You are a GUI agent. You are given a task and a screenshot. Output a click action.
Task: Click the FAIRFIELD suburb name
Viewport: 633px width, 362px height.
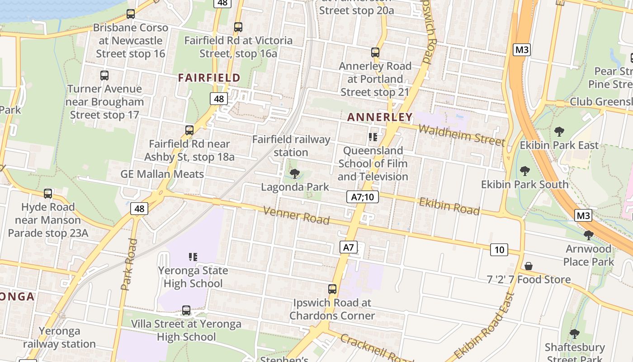(x=209, y=78)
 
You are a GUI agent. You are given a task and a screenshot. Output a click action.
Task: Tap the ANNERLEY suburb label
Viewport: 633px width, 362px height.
(x=380, y=117)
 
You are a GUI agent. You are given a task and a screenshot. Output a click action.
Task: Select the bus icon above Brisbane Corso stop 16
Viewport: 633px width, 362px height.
(x=131, y=14)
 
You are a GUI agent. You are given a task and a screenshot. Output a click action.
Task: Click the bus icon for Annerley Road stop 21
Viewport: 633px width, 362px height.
(x=375, y=52)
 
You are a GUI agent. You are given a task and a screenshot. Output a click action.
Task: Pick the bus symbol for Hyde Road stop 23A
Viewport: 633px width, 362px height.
(x=48, y=194)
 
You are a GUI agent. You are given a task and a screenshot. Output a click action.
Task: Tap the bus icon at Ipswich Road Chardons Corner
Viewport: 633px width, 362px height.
(x=332, y=289)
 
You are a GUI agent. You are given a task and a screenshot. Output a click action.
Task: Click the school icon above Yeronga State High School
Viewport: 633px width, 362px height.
(x=193, y=257)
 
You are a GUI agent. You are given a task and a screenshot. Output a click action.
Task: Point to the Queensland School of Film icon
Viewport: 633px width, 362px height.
(x=373, y=137)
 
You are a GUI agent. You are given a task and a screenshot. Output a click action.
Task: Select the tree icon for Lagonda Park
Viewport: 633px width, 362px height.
(x=295, y=173)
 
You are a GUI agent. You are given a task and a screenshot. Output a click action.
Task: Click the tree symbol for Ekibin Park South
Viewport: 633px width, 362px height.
(x=524, y=171)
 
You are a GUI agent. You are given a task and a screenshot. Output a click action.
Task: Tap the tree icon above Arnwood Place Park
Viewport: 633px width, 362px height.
(x=588, y=235)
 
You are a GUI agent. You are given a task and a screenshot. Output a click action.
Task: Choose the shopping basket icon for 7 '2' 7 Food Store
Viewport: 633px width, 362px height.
(x=528, y=266)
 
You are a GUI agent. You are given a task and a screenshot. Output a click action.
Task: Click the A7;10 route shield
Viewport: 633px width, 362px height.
(x=362, y=197)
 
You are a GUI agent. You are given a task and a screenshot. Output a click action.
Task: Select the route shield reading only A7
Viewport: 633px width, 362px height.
(x=348, y=247)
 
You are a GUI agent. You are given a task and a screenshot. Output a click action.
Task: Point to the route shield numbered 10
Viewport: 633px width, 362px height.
(x=499, y=249)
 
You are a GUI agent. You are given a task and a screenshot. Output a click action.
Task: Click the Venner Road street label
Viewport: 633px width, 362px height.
(x=296, y=215)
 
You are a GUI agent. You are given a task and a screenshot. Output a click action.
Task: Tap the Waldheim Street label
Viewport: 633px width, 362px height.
(x=462, y=135)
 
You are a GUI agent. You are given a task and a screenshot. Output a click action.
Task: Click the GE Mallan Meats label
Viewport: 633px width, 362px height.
(x=162, y=174)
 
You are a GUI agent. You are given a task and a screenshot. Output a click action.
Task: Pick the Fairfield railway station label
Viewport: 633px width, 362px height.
(x=291, y=146)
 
